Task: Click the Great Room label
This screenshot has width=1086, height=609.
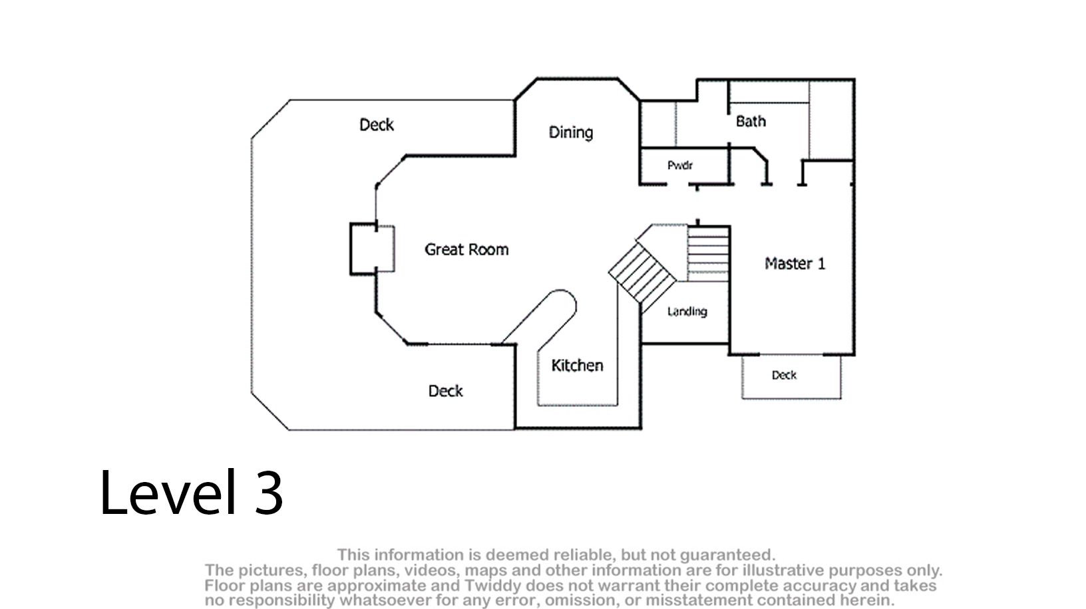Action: click(x=466, y=250)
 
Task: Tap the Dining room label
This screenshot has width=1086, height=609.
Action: click(x=570, y=132)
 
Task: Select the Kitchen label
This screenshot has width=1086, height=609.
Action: click(x=577, y=366)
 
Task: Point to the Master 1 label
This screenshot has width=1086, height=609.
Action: click(x=795, y=264)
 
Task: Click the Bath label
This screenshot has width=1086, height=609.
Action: click(x=751, y=122)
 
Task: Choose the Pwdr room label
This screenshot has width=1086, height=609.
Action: click(x=680, y=166)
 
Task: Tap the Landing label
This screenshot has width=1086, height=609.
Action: click(x=687, y=311)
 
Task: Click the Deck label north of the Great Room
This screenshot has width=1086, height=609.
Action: click(x=377, y=125)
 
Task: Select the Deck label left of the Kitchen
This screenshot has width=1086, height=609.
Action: click(x=445, y=391)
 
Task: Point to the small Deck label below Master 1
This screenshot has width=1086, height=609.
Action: click(x=784, y=376)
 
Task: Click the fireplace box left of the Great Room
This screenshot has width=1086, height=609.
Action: click(x=364, y=249)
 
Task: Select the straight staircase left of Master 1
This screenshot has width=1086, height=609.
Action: click(x=708, y=253)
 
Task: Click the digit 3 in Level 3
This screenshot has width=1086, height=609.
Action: click(x=268, y=493)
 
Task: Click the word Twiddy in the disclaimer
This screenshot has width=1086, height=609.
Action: click(x=486, y=586)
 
